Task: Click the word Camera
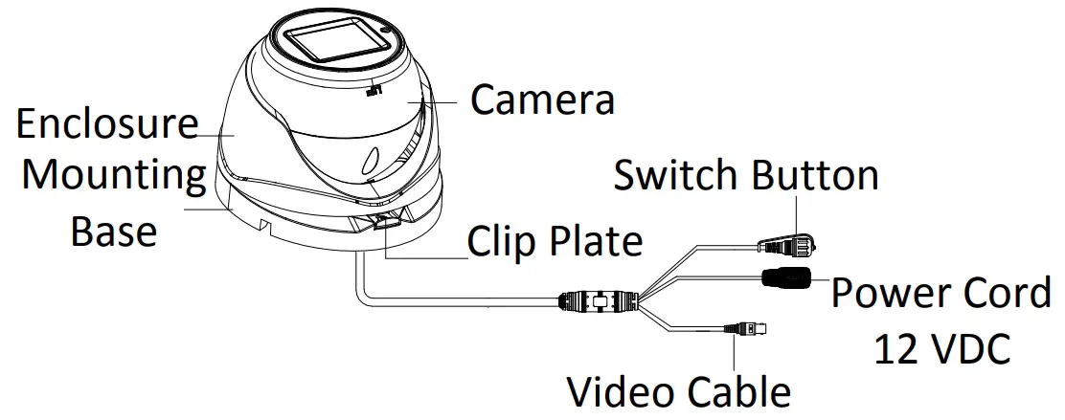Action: click(x=541, y=99)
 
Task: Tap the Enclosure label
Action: click(x=107, y=124)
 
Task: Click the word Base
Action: click(x=114, y=231)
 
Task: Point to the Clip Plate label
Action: click(x=555, y=241)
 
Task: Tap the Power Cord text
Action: click(x=940, y=293)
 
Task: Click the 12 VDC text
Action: click(x=941, y=348)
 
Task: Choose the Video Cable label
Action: click(x=680, y=391)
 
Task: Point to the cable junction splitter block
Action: click(x=599, y=301)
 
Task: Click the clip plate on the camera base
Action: click(x=382, y=224)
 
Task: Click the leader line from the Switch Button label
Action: click(x=796, y=212)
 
